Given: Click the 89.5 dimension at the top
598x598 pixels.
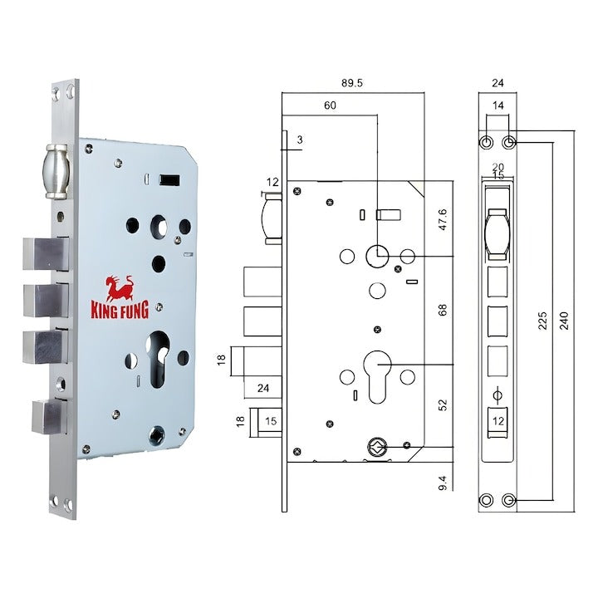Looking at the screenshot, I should [x=355, y=83].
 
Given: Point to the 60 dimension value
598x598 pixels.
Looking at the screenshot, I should [x=330, y=105].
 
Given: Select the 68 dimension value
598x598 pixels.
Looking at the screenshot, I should [x=443, y=309].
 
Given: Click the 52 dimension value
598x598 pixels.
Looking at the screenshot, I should [x=443, y=404].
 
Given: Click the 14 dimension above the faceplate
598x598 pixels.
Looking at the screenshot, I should [x=498, y=105].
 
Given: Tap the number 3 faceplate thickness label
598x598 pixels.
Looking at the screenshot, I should [x=299, y=140].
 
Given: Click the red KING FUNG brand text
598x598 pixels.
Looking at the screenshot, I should [x=120, y=311].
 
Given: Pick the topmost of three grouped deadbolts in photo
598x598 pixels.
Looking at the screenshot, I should [x=46, y=252].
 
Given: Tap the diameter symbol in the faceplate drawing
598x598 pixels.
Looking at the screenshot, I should [x=498, y=394].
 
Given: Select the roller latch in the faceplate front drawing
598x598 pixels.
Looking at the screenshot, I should [x=498, y=231].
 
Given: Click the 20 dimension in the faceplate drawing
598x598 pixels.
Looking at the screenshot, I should [x=498, y=166].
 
